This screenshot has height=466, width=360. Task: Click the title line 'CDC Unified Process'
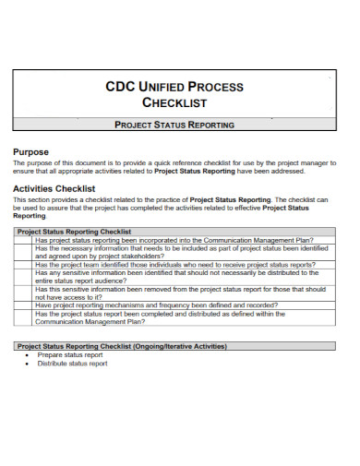click(179, 87)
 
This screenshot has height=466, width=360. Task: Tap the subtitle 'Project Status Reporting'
click(180, 124)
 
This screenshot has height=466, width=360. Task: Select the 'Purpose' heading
click(30, 151)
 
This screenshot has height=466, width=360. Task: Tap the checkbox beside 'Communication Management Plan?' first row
click(24, 241)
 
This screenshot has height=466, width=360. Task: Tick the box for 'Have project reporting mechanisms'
click(24, 305)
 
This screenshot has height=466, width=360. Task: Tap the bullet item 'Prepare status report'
click(70, 354)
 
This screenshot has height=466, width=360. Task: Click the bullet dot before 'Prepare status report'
click(27, 354)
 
